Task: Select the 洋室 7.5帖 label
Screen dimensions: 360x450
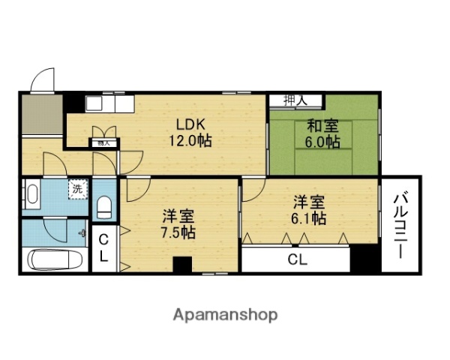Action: pyautogui.click(x=178, y=223)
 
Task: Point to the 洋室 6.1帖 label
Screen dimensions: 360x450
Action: pyautogui.click(x=308, y=209)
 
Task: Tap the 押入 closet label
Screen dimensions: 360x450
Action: pyautogui.click(x=294, y=100)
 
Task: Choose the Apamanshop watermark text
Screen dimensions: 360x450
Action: pyautogui.click(x=226, y=315)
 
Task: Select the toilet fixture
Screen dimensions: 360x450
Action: pyautogui.click(x=105, y=206)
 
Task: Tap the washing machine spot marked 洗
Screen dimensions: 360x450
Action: pyautogui.click(x=77, y=189)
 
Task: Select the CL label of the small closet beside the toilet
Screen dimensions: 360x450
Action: pyautogui.click(x=104, y=247)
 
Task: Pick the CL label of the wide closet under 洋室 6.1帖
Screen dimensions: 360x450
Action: pyautogui.click(x=297, y=260)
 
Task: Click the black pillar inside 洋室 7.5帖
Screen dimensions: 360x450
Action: pyautogui.click(x=182, y=265)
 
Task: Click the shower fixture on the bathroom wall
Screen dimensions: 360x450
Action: pyautogui.click(x=82, y=232)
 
